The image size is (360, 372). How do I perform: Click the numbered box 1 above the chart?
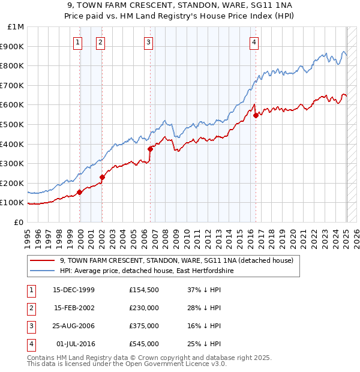tap(79, 42)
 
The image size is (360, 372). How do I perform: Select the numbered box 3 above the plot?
tap(148, 42)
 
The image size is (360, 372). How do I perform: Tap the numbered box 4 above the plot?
tap(254, 42)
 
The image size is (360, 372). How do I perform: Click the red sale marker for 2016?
tap(256, 115)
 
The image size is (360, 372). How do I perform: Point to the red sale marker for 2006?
tap(151, 149)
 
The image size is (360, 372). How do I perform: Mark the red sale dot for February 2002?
tap(103, 177)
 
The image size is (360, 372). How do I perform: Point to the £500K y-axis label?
tap(12, 124)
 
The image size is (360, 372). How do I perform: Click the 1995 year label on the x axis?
tap(27, 234)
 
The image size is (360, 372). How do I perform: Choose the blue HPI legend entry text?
tap(146, 271)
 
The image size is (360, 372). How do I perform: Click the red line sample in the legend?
tap(41, 261)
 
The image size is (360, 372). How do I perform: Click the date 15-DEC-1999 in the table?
tap(74, 290)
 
